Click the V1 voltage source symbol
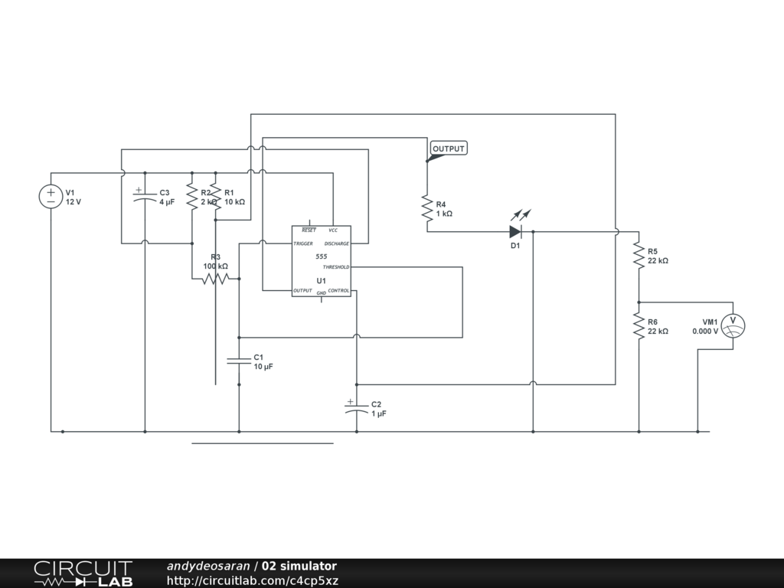(x=51, y=197)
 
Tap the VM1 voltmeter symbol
(x=733, y=325)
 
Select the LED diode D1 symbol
(x=515, y=231)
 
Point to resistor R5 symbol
(x=639, y=255)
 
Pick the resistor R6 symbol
(x=639, y=326)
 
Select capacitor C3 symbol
(x=145, y=197)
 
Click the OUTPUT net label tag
(x=448, y=149)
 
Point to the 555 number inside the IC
(x=322, y=256)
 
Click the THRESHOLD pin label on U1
(x=335, y=267)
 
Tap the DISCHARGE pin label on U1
(x=336, y=243)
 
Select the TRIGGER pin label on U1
(x=303, y=243)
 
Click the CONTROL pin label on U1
(x=338, y=291)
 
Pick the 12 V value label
(x=73, y=202)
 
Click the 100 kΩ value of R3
(x=215, y=266)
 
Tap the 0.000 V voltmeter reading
(x=705, y=332)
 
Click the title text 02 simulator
(x=299, y=567)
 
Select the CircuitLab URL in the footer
(x=253, y=580)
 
